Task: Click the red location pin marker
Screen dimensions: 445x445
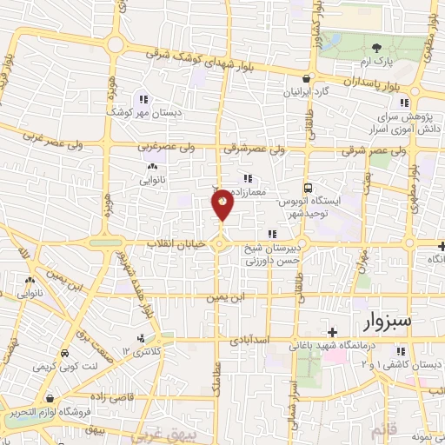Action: pyautogui.click(x=222, y=204)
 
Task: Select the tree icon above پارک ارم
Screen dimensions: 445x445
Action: pyautogui.click(x=376, y=49)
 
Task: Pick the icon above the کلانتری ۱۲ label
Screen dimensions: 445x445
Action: pyautogui.click(x=141, y=337)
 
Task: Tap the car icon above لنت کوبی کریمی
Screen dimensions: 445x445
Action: pyautogui.click(x=66, y=354)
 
